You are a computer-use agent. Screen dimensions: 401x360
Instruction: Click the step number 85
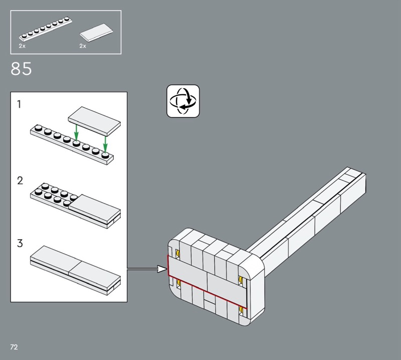click(x=21, y=69)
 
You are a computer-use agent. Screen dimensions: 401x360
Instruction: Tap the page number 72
click(x=14, y=347)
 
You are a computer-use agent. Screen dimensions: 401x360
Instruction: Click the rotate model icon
click(x=183, y=101)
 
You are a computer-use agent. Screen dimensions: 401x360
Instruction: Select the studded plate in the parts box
click(x=46, y=30)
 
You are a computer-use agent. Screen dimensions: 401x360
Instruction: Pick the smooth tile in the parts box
click(x=96, y=33)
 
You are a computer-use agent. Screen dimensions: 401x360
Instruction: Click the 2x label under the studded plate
click(x=22, y=46)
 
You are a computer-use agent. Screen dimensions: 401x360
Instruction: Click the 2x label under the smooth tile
click(x=83, y=46)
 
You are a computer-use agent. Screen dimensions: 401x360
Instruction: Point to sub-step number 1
click(x=19, y=104)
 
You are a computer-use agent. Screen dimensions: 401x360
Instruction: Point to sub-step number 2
click(x=20, y=181)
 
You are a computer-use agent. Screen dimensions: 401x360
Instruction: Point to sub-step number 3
click(x=20, y=243)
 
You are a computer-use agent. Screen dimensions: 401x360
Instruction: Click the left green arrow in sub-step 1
click(x=76, y=133)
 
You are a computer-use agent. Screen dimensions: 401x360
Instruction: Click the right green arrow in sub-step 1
click(x=105, y=144)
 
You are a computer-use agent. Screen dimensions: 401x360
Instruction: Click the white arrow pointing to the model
click(x=147, y=269)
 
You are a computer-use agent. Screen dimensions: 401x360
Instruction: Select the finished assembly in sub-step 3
click(x=76, y=270)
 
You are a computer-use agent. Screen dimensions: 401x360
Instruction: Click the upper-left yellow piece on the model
click(x=177, y=254)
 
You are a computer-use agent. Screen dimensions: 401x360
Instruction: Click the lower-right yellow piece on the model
click(x=241, y=310)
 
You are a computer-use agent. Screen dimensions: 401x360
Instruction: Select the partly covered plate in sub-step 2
click(x=76, y=206)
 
